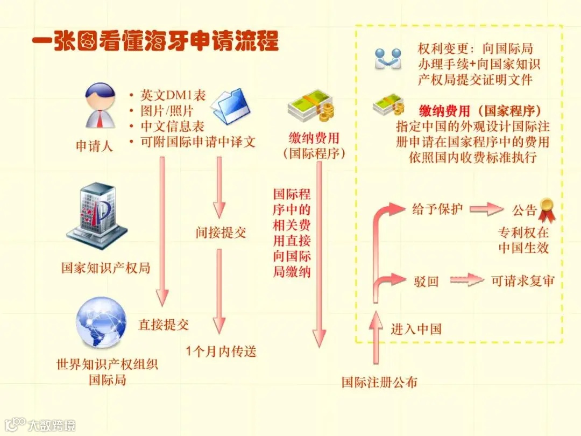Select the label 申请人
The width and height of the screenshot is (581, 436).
pos(94,146)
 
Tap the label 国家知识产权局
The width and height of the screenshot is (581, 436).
pos(105,268)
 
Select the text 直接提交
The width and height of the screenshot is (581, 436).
pos(164,325)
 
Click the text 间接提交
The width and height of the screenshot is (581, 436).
pos(221,233)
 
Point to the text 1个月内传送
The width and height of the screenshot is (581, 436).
pos(221,352)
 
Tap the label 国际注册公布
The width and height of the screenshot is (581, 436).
pos(379,382)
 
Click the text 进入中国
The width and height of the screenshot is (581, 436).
pos(416,328)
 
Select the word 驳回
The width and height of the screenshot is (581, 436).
pos(426,281)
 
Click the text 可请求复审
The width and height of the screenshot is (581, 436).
pos(522,281)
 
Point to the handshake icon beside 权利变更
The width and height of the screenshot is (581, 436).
pos(388,59)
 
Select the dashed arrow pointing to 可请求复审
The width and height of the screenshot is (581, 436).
pos(467,280)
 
